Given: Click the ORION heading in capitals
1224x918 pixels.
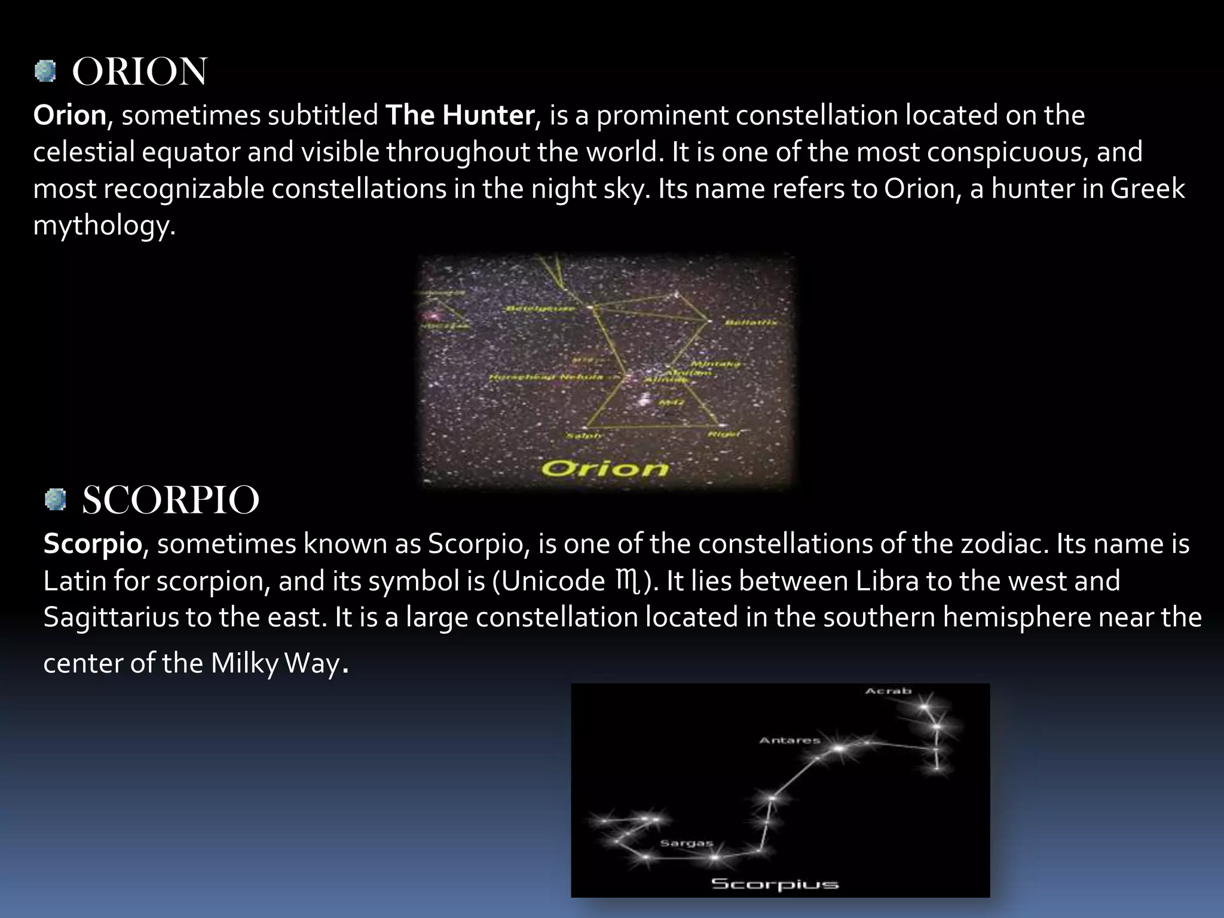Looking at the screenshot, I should pos(139,72).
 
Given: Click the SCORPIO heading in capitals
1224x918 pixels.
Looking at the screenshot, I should pos(170,500).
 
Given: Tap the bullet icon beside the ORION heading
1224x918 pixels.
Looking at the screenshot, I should pos(45,72).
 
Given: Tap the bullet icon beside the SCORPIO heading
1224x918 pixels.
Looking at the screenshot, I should pos(56,500).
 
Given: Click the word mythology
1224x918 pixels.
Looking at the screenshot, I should pos(104,226).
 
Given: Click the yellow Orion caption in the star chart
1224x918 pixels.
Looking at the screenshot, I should pos(605,468).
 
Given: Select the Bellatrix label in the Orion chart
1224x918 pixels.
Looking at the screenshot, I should pos(751,323).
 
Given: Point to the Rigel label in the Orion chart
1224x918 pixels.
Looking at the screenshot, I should pos(723,434).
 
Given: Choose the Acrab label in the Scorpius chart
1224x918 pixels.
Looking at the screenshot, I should pos(888,691).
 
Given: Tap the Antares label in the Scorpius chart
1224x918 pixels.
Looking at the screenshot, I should pos(790,740).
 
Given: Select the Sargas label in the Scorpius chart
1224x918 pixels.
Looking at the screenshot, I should pos(687,843).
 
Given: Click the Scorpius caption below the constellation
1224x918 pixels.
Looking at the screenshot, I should pos(775,884).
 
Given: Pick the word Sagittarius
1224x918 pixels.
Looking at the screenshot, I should pos(111,617).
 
